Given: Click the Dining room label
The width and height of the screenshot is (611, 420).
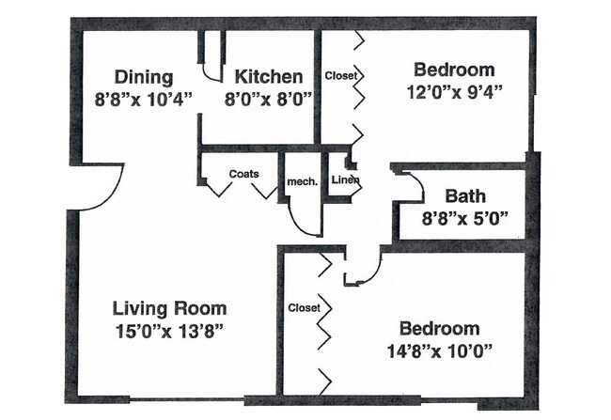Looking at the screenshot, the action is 144,77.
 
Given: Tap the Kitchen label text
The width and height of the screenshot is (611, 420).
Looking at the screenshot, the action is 269,76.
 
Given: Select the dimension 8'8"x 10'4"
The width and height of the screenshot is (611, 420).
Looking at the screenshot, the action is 144,100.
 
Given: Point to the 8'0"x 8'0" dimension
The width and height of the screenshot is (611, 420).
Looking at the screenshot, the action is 269,99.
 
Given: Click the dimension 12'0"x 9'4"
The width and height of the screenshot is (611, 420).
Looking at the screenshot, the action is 454,92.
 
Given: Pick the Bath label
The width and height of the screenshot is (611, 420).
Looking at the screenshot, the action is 465,196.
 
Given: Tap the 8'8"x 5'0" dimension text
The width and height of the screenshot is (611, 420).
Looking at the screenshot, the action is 465,218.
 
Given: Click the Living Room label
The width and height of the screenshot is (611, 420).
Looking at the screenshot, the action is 169,308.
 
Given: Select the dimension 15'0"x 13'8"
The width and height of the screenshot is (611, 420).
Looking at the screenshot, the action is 169,332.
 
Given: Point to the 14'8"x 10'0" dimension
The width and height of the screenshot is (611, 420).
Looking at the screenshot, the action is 439,351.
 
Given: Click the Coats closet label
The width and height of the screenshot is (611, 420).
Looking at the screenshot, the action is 244,174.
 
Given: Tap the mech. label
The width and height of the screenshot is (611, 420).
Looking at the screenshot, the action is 303,182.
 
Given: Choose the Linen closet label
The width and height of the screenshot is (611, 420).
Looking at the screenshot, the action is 345,180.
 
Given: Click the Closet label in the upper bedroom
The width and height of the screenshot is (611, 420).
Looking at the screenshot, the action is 341,75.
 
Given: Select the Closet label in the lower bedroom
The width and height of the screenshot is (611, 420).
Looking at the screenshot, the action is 304,308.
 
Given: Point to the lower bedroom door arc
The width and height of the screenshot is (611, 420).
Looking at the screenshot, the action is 374,272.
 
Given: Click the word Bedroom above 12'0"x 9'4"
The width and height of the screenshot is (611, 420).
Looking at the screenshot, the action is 454,70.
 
